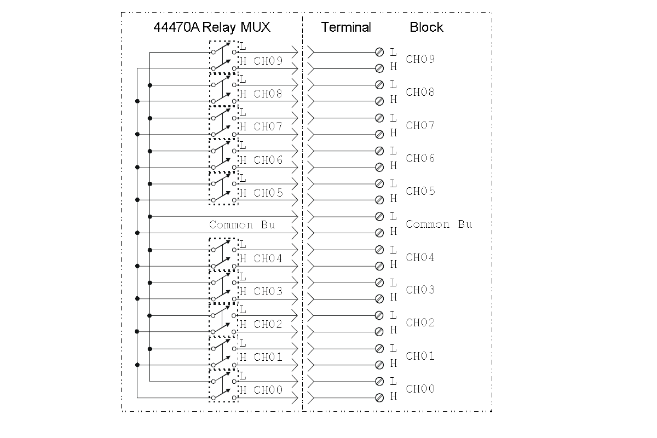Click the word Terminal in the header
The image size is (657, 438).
346,27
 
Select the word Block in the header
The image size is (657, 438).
427,27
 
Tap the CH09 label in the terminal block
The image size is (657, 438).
420,59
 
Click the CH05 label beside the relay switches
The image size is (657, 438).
268,193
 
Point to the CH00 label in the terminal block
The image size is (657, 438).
420,389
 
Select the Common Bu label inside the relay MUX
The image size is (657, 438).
242,225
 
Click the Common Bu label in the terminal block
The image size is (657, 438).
439,224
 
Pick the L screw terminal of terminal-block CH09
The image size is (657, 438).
379,52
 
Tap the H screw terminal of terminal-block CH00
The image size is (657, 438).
379,397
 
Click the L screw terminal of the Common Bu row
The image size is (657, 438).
379,216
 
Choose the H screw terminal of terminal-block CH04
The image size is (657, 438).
379,266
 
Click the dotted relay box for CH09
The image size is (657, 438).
223,57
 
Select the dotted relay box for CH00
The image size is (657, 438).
223,386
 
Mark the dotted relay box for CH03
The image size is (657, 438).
223,287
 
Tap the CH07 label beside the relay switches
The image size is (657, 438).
268,126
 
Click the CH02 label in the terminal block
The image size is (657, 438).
420,322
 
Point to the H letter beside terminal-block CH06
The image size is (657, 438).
393,166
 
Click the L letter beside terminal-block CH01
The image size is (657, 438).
393,348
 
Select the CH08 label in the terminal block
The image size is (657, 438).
420,92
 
